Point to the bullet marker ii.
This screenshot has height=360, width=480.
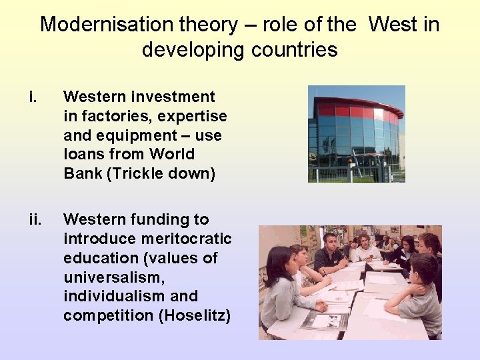point(34,219)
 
